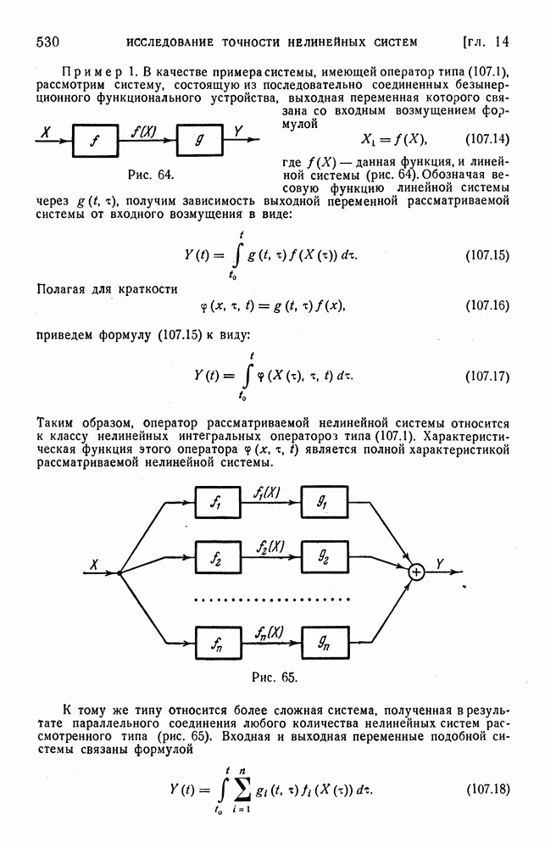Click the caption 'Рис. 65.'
[x=275, y=677]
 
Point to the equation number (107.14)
[x=487, y=139]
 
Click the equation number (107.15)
[x=487, y=255]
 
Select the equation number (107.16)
[x=487, y=305]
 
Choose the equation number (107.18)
[x=487, y=789]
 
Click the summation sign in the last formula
[x=242, y=790]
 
